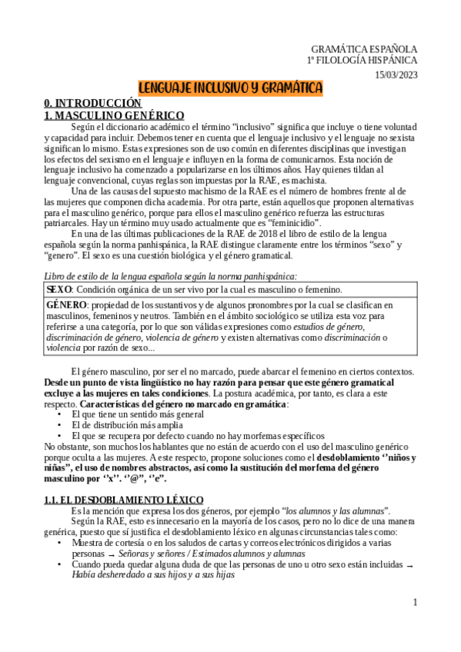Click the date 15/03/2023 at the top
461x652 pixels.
pos(396,74)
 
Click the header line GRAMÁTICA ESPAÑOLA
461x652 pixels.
pos(364,48)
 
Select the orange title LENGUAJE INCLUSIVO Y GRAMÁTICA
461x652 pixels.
pos(230,88)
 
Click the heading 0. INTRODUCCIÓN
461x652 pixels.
pos(92,102)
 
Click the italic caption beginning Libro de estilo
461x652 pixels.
pos(169,275)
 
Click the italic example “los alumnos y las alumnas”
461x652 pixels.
pos(336,489)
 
